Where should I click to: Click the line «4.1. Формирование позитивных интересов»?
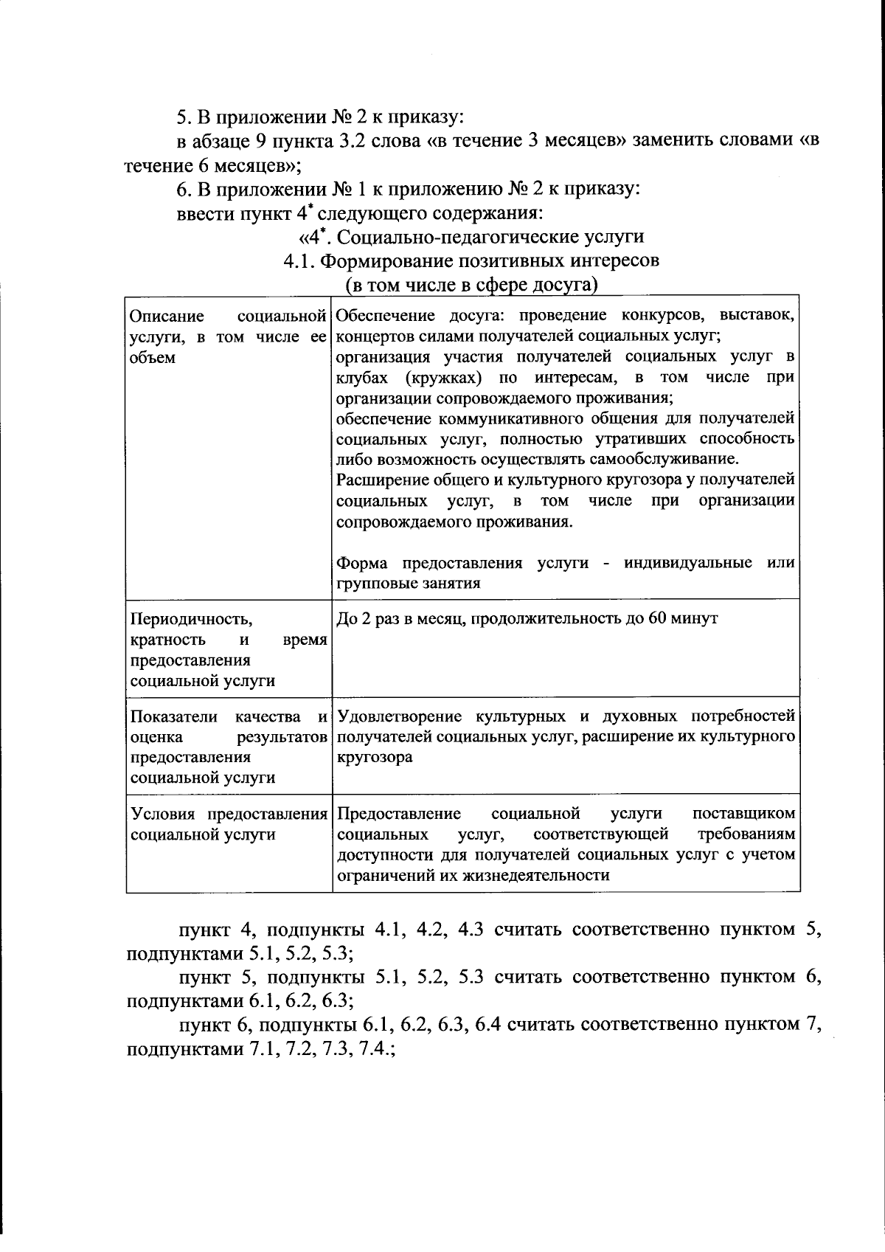coord(471,260)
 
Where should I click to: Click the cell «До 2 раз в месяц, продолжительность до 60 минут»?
coord(527,618)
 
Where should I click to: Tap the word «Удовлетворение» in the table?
coord(399,716)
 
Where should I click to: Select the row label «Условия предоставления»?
coord(229,814)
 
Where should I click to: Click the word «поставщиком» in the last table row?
coord(743,814)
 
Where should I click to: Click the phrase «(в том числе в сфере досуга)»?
coord(471,284)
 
